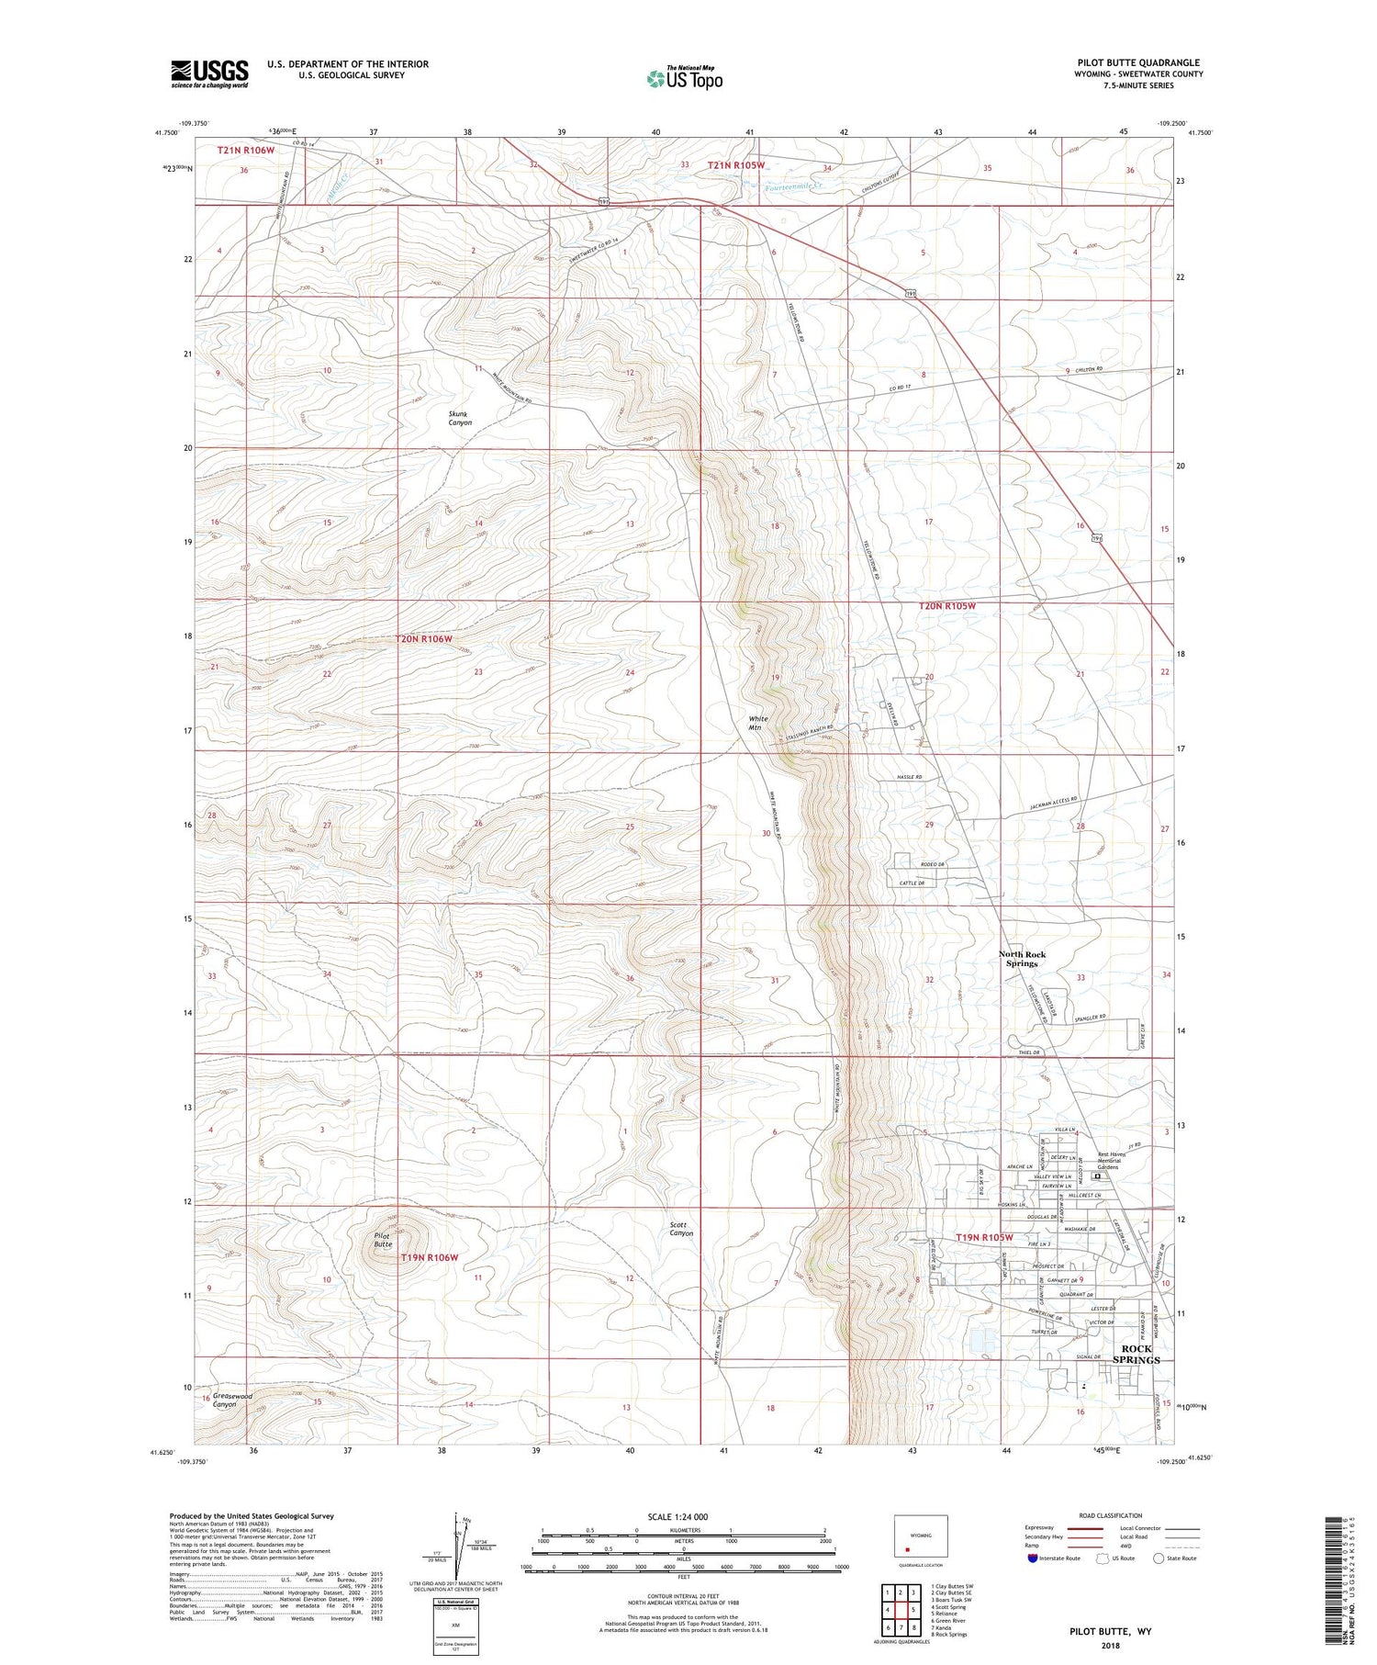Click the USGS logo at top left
tap(209, 73)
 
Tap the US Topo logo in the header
tap(684, 78)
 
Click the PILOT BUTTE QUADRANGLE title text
tap(1138, 62)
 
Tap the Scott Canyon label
tap(681, 1229)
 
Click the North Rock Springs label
tap(1022, 959)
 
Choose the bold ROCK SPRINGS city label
tap(1136, 1354)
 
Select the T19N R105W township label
tap(983, 1237)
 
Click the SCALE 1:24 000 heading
tap(684, 1516)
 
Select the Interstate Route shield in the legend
tap(1033, 1558)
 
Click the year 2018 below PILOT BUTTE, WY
tap(1110, 1645)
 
